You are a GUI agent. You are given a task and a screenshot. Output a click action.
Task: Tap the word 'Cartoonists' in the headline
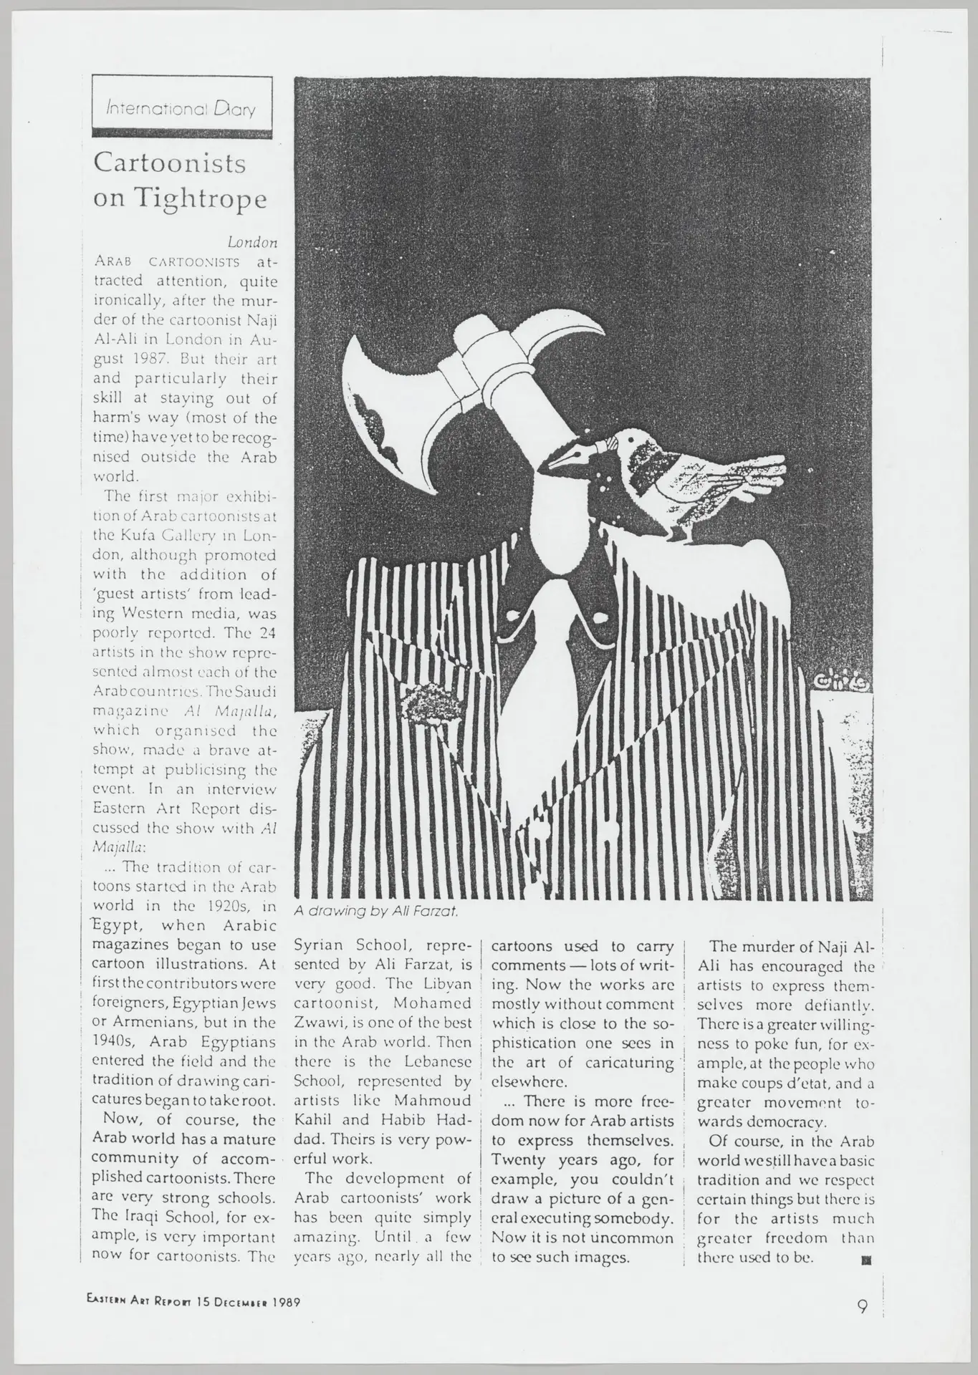tap(170, 164)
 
